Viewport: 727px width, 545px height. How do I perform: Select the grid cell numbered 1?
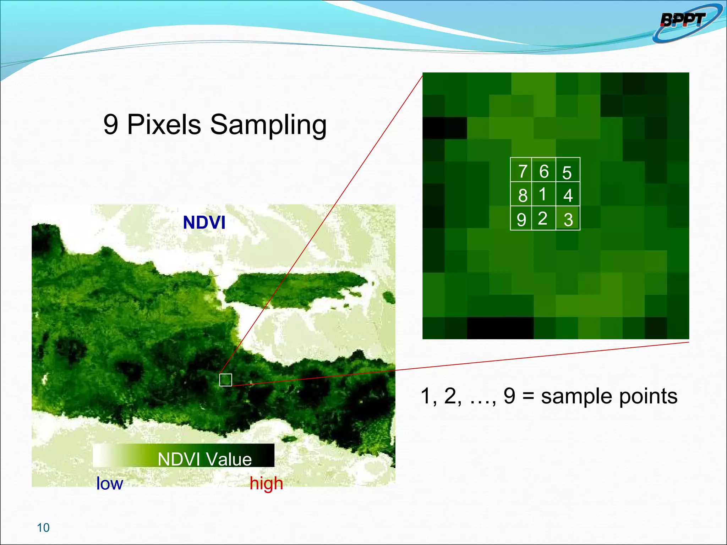(x=543, y=194)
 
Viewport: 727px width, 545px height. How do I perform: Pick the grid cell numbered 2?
(x=543, y=218)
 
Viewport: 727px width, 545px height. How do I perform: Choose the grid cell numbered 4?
(x=568, y=194)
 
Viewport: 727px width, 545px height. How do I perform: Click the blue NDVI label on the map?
(x=204, y=223)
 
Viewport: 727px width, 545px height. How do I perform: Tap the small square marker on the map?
(x=225, y=380)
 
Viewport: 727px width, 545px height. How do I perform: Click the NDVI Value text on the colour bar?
(x=205, y=459)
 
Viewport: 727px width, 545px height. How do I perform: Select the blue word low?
(x=109, y=483)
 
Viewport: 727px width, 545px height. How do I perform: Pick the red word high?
(x=266, y=483)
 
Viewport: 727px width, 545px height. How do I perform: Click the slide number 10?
(x=43, y=528)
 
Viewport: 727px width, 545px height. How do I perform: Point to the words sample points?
(x=609, y=396)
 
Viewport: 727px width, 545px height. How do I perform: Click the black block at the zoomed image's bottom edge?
(x=500, y=328)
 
